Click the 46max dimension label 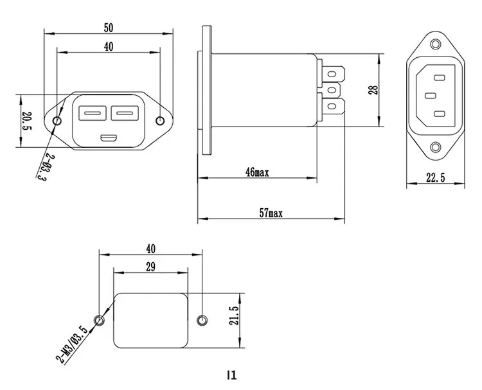click(x=257, y=172)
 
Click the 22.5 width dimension click(x=435, y=178)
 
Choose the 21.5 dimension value click(x=235, y=316)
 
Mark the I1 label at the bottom click(x=232, y=375)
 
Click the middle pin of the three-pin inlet click(x=431, y=96)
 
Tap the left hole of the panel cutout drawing click(x=99, y=320)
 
